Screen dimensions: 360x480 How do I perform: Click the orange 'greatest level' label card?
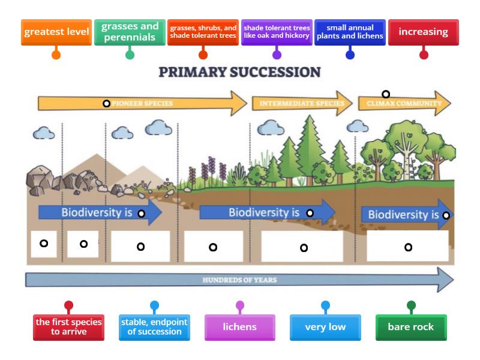pos(56,32)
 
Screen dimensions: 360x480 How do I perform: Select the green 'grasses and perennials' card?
pos(130,32)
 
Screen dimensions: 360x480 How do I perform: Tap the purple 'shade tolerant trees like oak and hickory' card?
pos(277,32)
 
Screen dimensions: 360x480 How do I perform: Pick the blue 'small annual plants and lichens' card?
pos(350,32)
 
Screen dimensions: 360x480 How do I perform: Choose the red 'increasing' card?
pos(423,32)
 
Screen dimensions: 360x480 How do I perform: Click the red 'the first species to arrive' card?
pos(68,327)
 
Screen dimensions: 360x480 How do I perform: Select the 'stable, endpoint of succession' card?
pos(154,327)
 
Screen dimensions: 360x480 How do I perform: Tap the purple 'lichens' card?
pos(240,327)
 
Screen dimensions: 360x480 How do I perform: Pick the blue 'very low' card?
pos(325,327)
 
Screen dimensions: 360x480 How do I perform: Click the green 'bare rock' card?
pos(411,327)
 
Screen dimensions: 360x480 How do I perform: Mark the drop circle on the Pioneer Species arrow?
pos(106,103)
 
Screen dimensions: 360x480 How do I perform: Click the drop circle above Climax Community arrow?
pos(386,94)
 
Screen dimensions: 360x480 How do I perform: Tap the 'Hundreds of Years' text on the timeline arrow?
pos(239,280)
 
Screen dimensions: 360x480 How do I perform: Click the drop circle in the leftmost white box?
pos(44,243)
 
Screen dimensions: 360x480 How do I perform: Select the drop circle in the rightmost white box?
pos(408,247)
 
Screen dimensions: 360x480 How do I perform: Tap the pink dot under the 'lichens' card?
pos(240,305)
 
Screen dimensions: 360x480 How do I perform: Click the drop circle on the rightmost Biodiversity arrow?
pos(446,215)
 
